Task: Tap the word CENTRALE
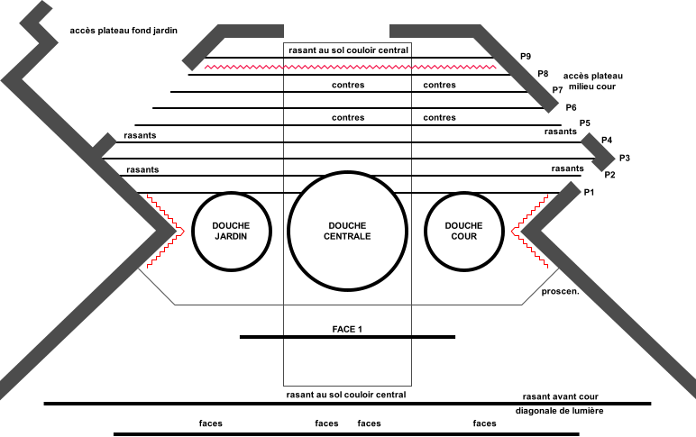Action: click(347, 237)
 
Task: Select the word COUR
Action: click(463, 237)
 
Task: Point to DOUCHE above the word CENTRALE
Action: click(347, 225)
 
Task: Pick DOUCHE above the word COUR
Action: click(463, 225)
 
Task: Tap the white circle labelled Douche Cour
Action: click(463, 257)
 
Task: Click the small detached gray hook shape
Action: click(599, 152)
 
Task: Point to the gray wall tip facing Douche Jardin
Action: click(172, 231)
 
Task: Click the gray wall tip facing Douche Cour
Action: click(524, 231)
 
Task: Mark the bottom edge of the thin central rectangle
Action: click(347, 386)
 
